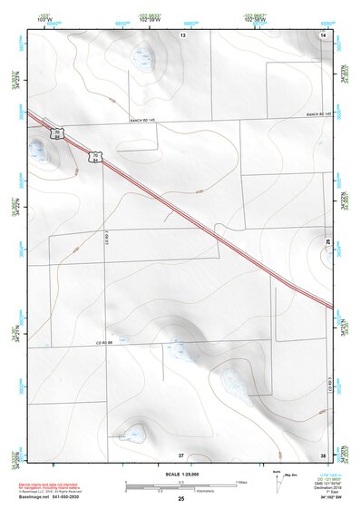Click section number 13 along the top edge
pyautogui.click(x=182, y=34)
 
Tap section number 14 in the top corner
pyautogui.click(x=324, y=34)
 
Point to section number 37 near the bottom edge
pyautogui.click(x=181, y=454)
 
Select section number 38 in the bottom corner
pyautogui.click(x=323, y=454)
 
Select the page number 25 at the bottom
pyautogui.click(x=180, y=500)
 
